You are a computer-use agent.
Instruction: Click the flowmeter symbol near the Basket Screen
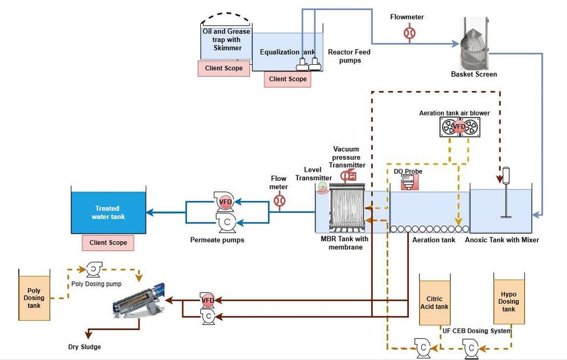pos(409,33)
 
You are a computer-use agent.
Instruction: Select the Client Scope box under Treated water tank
pos(108,243)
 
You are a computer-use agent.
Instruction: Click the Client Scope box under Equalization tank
pos(288,79)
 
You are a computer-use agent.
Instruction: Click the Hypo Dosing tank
pos(509,302)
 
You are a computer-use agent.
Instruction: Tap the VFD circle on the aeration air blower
pos(458,127)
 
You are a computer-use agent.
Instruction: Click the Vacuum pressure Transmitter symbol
pos(348,175)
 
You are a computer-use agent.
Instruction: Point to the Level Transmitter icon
pos(322,186)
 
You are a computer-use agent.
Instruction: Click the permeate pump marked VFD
pos(225,202)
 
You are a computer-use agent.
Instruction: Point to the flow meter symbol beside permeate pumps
pos(279,201)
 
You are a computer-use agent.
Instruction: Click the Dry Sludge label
pos(84,347)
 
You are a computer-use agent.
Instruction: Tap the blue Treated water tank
pos(108,213)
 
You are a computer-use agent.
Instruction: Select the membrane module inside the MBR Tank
pos(347,208)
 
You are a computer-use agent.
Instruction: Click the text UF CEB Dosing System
pos(476,330)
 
